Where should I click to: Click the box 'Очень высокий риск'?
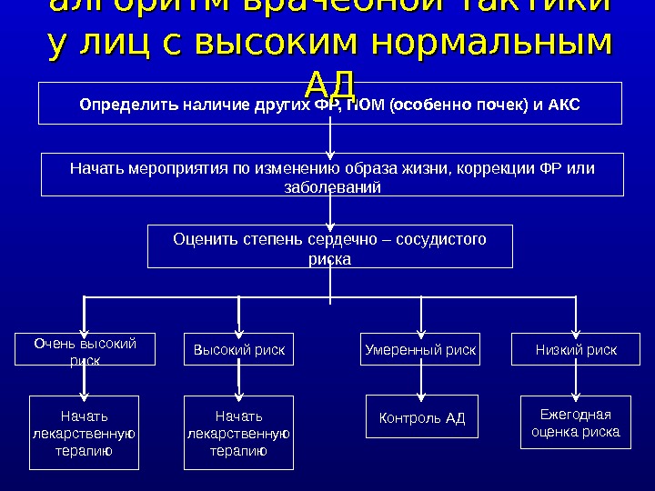(x=85, y=350)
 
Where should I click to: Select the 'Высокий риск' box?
(x=239, y=350)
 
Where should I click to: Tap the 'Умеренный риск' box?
(x=420, y=350)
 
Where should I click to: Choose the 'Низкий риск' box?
(x=576, y=350)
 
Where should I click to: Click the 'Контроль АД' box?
(x=421, y=418)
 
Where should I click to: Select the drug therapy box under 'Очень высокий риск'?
(x=85, y=433)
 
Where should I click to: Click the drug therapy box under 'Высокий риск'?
(x=239, y=433)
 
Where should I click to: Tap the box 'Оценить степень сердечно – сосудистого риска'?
(x=330, y=247)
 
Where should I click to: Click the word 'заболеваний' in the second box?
(x=333, y=186)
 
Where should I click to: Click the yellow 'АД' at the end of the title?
(x=329, y=85)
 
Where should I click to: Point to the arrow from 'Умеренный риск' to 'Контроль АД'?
(x=420, y=382)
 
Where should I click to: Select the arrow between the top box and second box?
(x=331, y=139)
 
